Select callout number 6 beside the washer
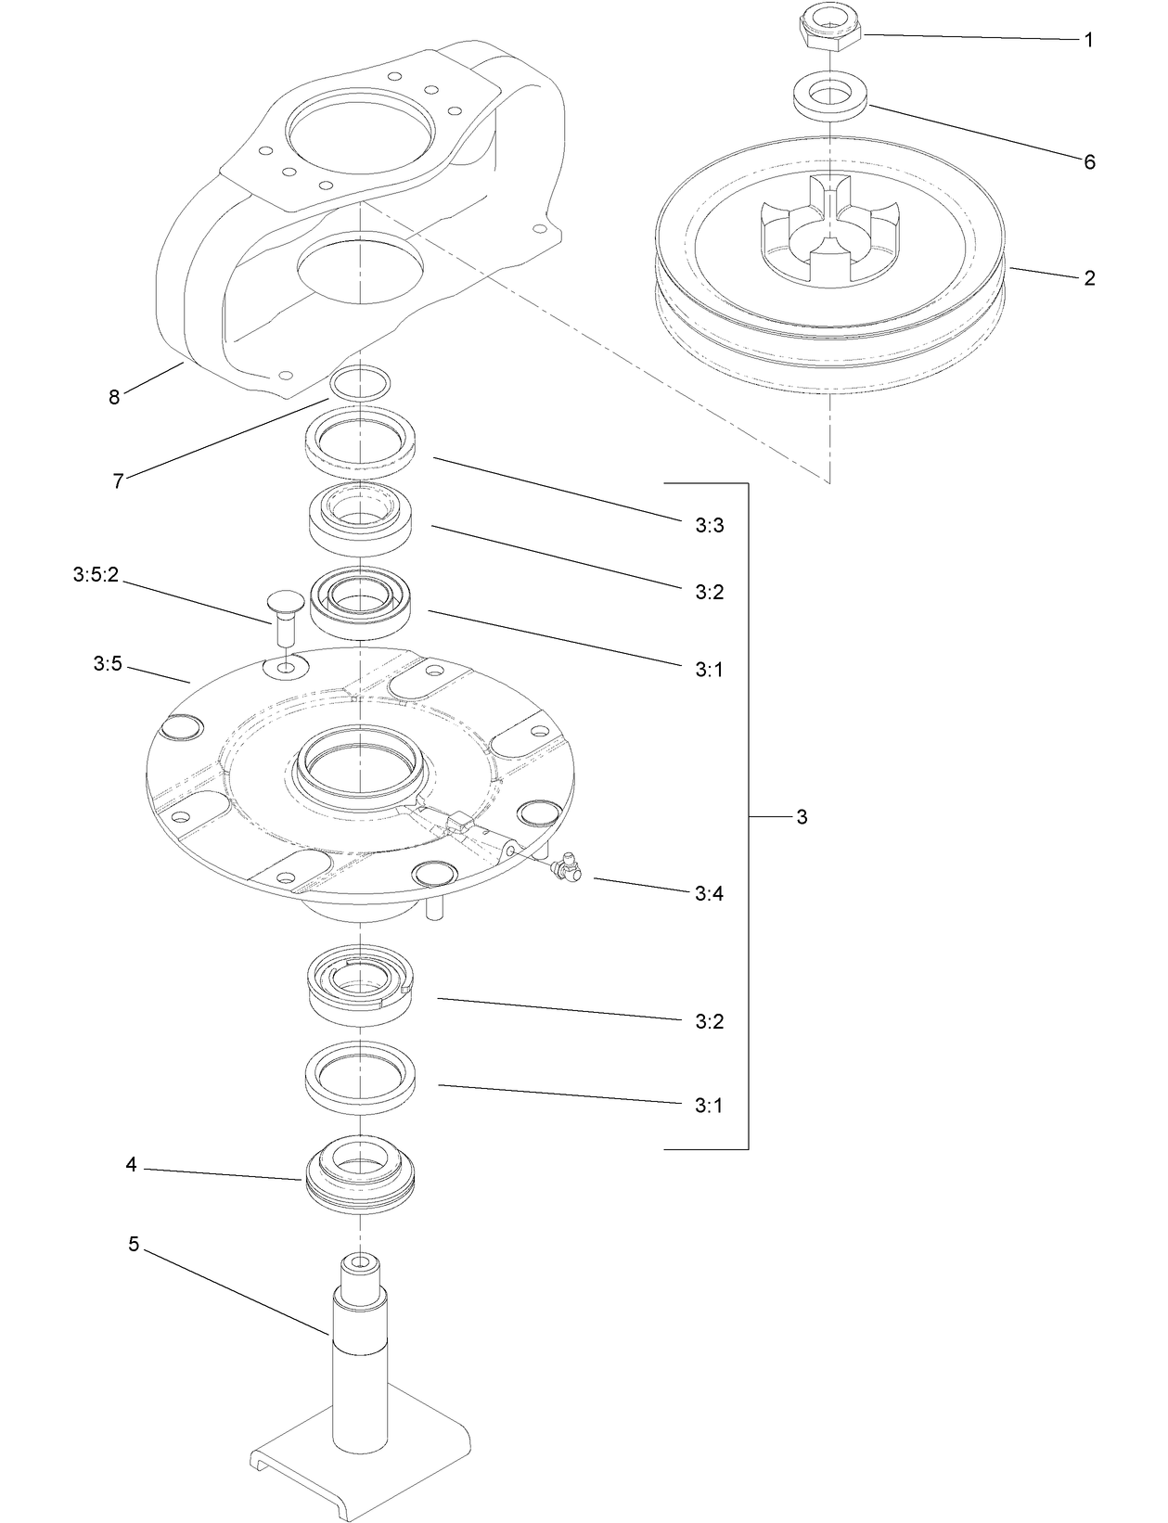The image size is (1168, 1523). pyautogui.click(x=1089, y=162)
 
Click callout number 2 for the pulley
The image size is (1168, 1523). pyautogui.click(x=1089, y=278)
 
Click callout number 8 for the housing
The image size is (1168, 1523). pyautogui.click(x=114, y=398)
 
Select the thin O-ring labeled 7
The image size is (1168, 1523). pyautogui.click(x=360, y=382)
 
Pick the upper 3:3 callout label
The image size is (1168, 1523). pyautogui.click(x=709, y=526)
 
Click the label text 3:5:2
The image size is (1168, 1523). pyautogui.click(x=96, y=576)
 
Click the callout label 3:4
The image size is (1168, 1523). pyautogui.click(x=709, y=894)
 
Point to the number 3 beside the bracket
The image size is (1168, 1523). pyautogui.click(x=802, y=817)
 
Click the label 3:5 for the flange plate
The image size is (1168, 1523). pyautogui.click(x=108, y=664)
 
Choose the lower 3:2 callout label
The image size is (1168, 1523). pyautogui.click(x=709, y=1022)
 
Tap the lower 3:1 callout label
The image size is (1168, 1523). pyautogui.click(x=709, y=1106)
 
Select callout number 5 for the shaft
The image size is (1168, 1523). pyautogui.click(x=134, y=1245)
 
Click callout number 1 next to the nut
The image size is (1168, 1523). pyautogui.click(x=1089, y=41)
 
